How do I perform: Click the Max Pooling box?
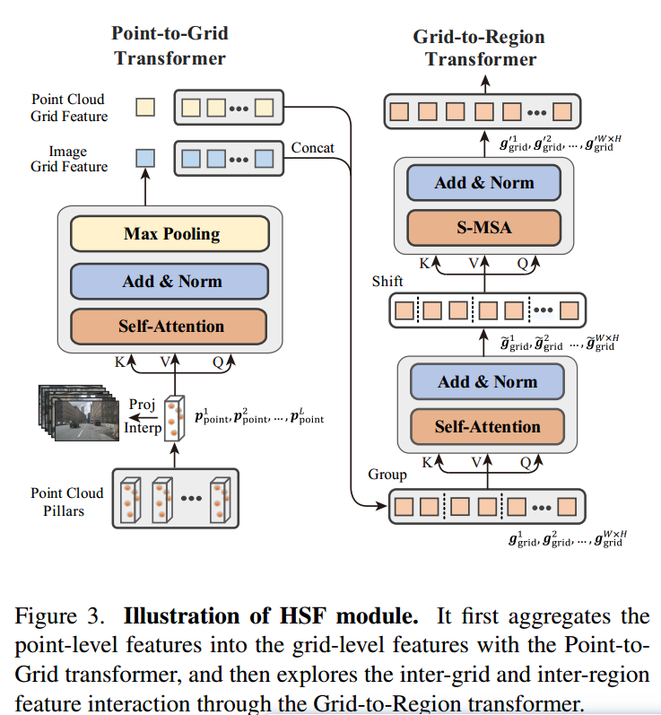coord(170,234)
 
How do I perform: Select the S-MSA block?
coord(484,228)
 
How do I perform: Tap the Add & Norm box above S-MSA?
coord(484,183)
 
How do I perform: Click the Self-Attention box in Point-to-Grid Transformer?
coord(170,326)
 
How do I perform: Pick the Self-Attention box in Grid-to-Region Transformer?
coord(487,426)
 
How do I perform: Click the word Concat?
coord(313,147)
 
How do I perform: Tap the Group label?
coord(387,474)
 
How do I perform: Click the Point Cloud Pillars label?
coord(67,501)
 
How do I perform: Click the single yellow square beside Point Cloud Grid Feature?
coord(144,108)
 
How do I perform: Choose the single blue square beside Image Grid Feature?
coord(144,158)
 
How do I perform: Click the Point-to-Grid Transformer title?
coord(170,45)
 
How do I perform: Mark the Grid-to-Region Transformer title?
coord(480,48)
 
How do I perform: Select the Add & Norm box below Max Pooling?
coord(170,281)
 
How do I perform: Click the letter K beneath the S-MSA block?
coord(424,264)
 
